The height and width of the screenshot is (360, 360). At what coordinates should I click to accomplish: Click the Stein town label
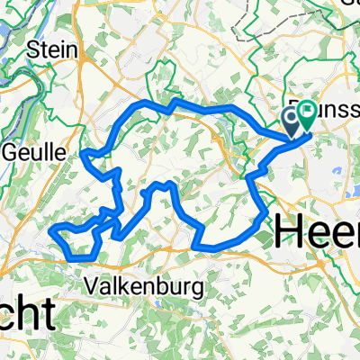(x=51, y=49)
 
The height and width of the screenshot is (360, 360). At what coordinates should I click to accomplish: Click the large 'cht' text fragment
(x=27, y=315)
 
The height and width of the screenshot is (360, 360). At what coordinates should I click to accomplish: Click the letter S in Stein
(x=36, y=49)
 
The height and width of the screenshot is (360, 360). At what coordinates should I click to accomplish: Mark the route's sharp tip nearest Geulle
(x=83, y=154)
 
